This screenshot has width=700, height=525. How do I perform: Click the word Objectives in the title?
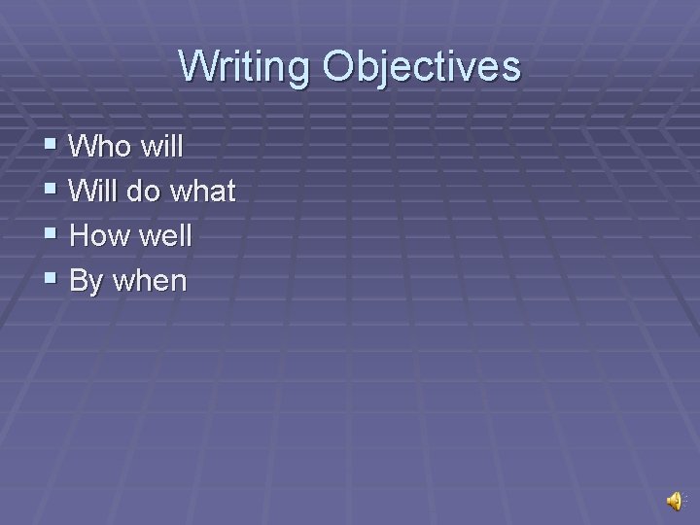422,67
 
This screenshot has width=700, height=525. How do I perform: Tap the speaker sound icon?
673,500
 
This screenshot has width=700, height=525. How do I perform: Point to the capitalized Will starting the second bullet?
95,192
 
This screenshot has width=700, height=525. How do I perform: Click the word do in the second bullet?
145,192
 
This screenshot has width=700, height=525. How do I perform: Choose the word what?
202,192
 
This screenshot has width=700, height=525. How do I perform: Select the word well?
167,236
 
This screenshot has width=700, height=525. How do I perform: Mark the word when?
150,282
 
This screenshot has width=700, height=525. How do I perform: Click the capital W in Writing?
196,67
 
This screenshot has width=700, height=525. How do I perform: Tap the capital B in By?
81,281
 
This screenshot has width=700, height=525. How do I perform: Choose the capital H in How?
82,236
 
